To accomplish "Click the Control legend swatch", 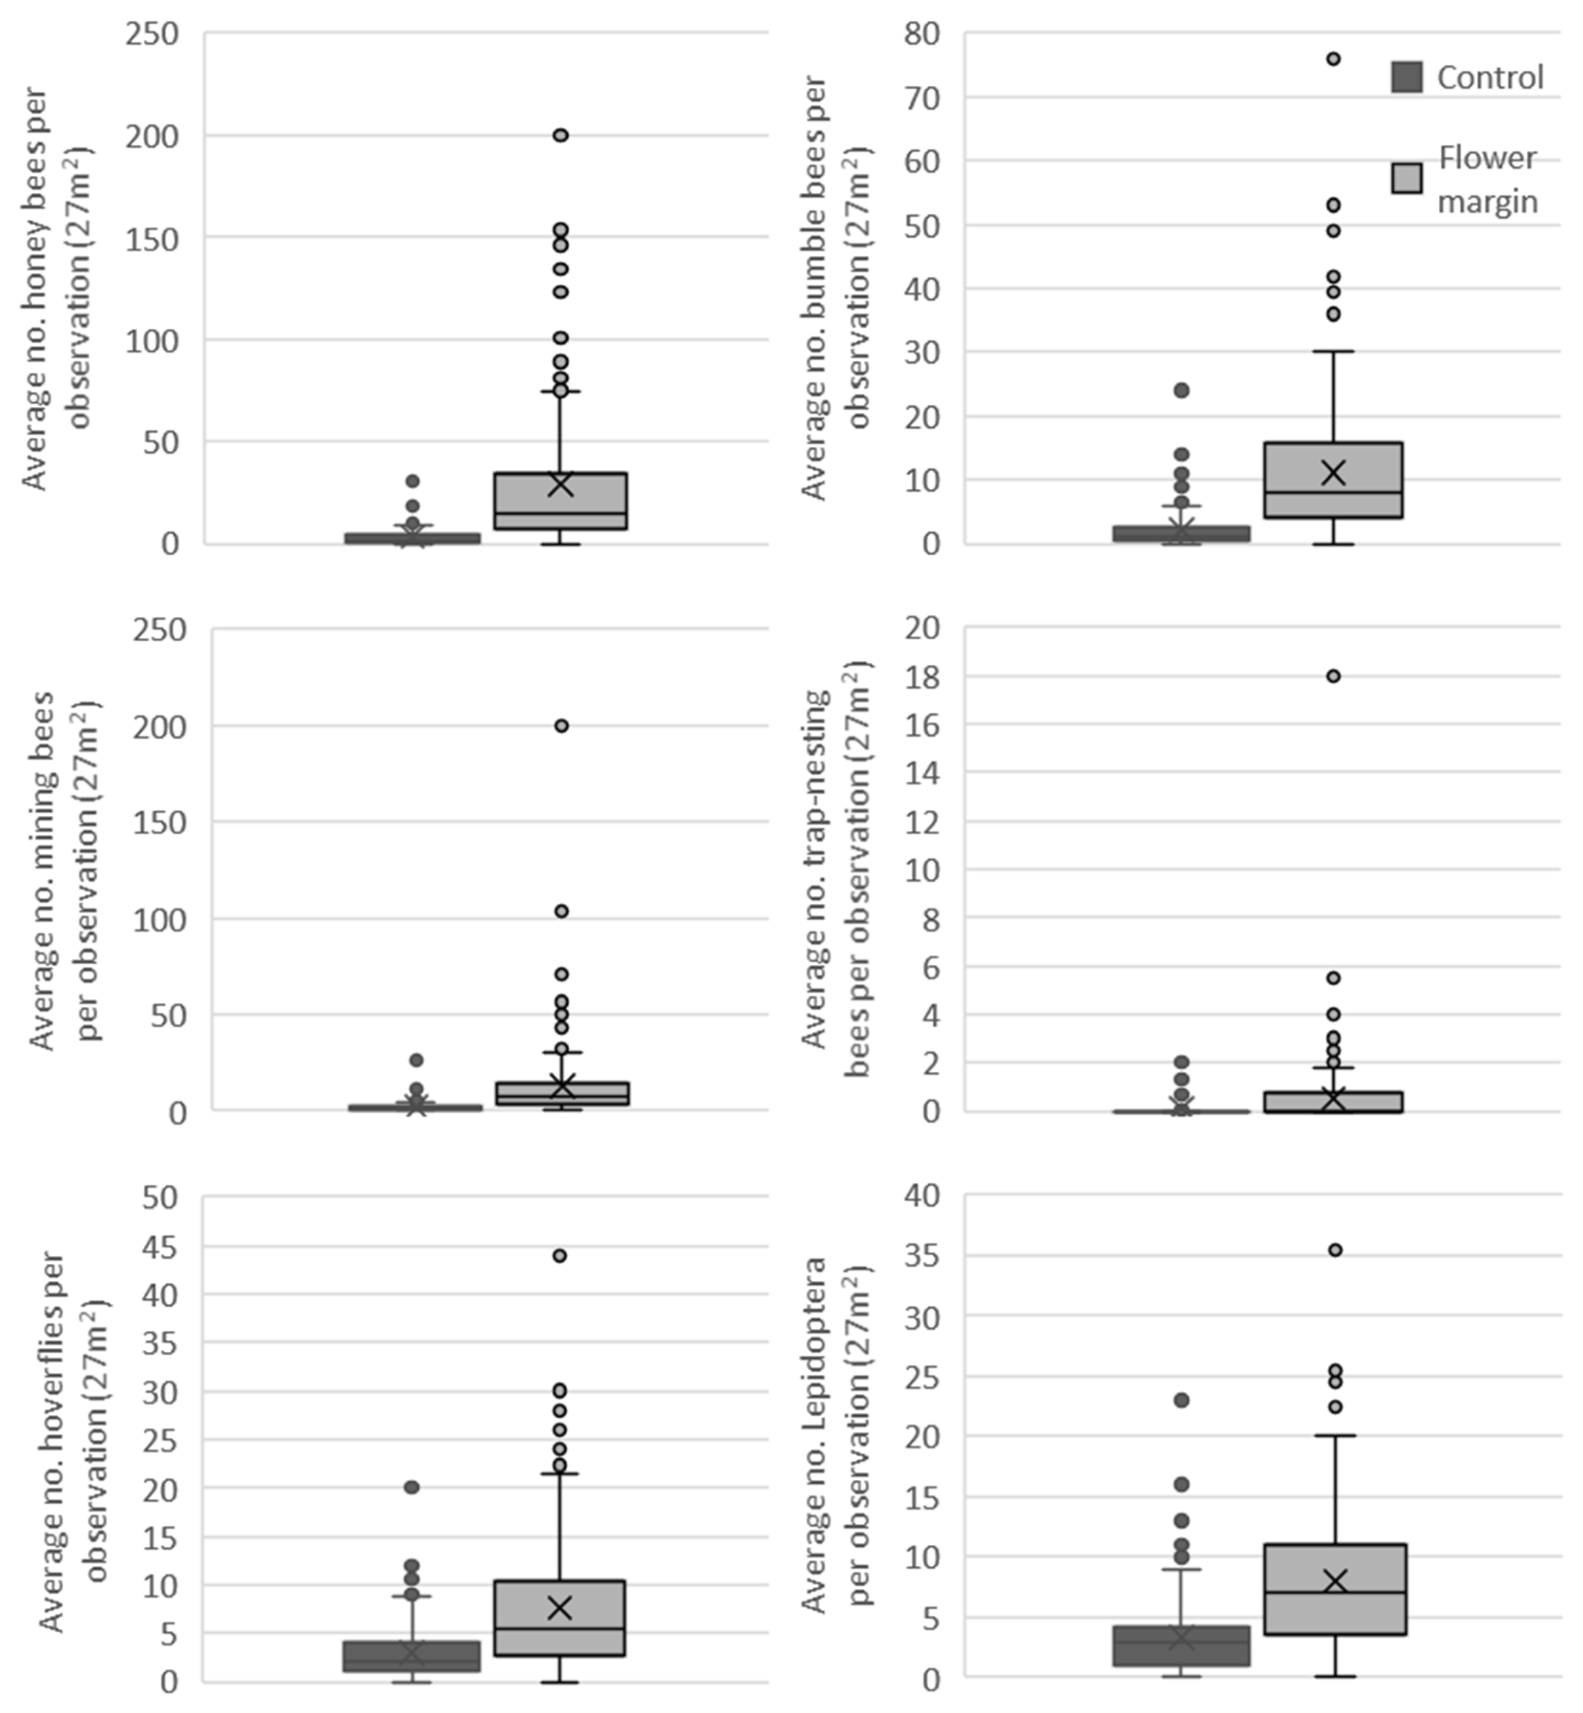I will click(x=1406, y=77).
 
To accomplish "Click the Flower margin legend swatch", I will click(x=1406, y=178).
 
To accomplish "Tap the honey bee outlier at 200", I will click(x=560, y=135).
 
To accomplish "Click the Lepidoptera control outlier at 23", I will click(x=1181, y=1400).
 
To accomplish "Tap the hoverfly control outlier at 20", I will click(x=411, y=1487).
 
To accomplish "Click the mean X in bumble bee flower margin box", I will click(x=1333, y=472).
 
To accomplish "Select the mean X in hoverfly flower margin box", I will click(x=559, y=1608).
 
